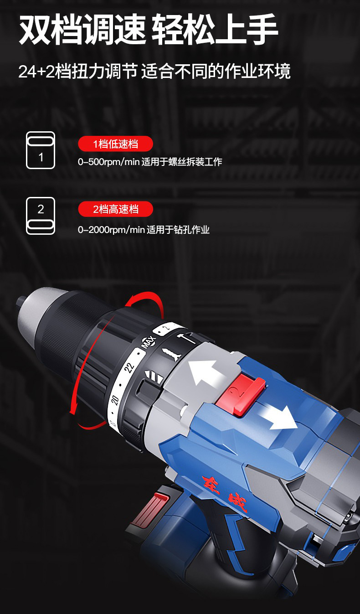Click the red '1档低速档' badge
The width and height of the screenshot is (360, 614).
(x=115, y=144)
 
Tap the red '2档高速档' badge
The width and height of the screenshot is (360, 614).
(x=115, y=209)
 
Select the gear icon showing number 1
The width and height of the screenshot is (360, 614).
(x=41, y=150)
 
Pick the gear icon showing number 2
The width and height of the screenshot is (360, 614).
(x=41, y=216)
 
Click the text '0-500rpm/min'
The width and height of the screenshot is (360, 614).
(x=109, y=162)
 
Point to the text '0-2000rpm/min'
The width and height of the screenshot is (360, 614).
(x=111, y=230)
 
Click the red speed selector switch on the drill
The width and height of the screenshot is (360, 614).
(x=241, y=395)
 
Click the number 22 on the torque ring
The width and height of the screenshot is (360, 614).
(x=129, y=367)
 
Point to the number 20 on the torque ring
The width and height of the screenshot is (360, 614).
(x=115, y=401)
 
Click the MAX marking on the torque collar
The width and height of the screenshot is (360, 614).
(x=149, y=342)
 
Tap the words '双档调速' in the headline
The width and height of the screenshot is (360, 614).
(x=82, y=29)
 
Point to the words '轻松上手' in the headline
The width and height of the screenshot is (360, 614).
(x=215, y=29)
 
